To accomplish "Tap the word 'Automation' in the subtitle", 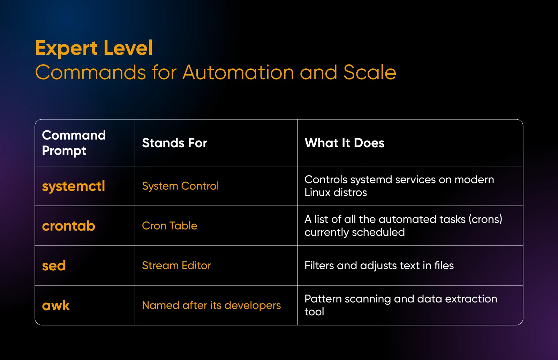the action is click(238, 73).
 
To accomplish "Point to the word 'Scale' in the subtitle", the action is click(370, 73).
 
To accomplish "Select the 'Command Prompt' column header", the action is click(74, 143).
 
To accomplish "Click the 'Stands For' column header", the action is click(174, 143).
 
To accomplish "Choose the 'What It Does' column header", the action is click(344, 143).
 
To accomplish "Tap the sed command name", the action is click(54, 265).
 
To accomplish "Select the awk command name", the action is click(56, 306).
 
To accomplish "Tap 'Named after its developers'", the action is click(211, 306).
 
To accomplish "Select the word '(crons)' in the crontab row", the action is click(485, 219).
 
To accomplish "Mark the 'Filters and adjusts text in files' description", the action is click(379, 265).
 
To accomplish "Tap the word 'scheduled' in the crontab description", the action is click(378, 232).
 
